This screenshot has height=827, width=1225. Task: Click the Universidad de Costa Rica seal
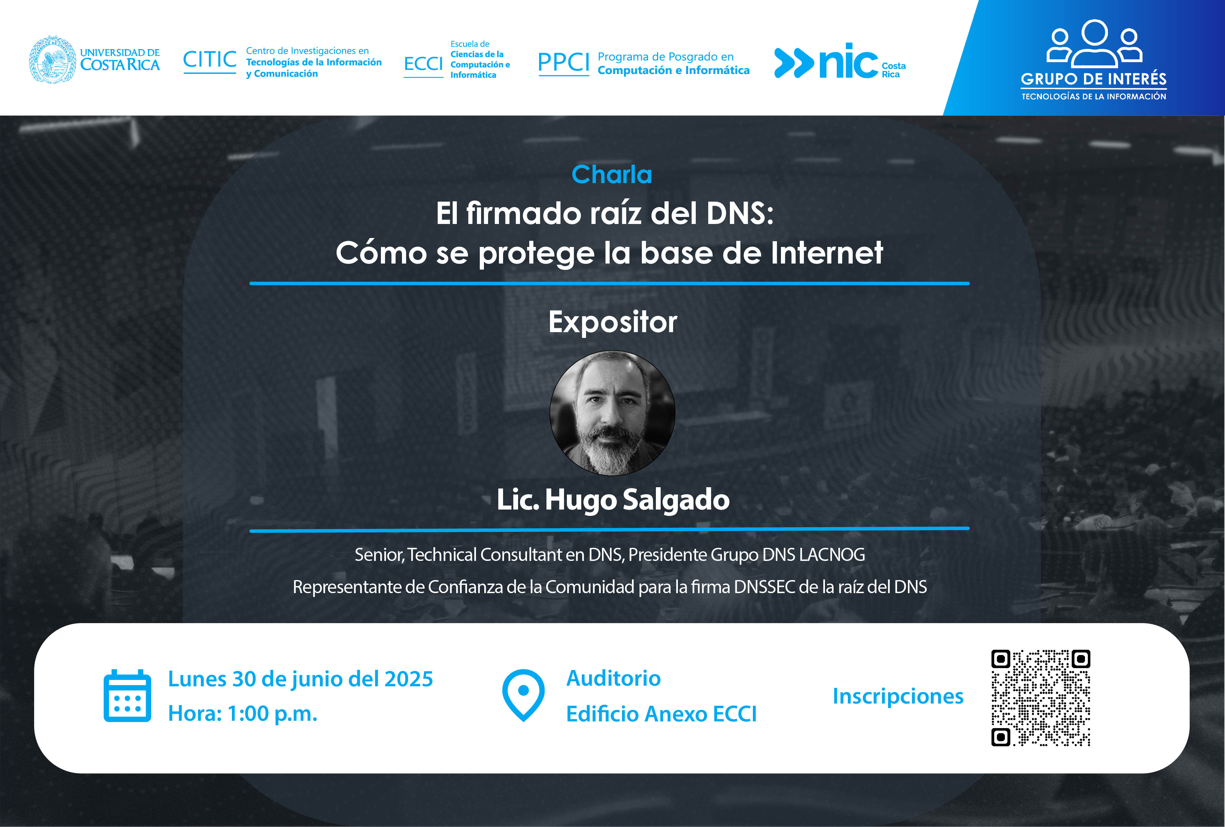(52, 60)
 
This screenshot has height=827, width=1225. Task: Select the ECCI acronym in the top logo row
(423, 64)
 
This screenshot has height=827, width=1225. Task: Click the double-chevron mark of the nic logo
(794, 63)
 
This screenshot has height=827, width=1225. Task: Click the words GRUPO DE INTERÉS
(1094, 79)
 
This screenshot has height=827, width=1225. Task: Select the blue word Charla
(612, 175)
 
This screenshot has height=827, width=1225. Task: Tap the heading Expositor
(612, 322)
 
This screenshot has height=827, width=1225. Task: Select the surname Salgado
(676, 499)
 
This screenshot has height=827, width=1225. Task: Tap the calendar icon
(128, 696)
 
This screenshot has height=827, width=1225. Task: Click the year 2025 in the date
(409, 679)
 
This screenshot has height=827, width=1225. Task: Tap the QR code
(1041, 698)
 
